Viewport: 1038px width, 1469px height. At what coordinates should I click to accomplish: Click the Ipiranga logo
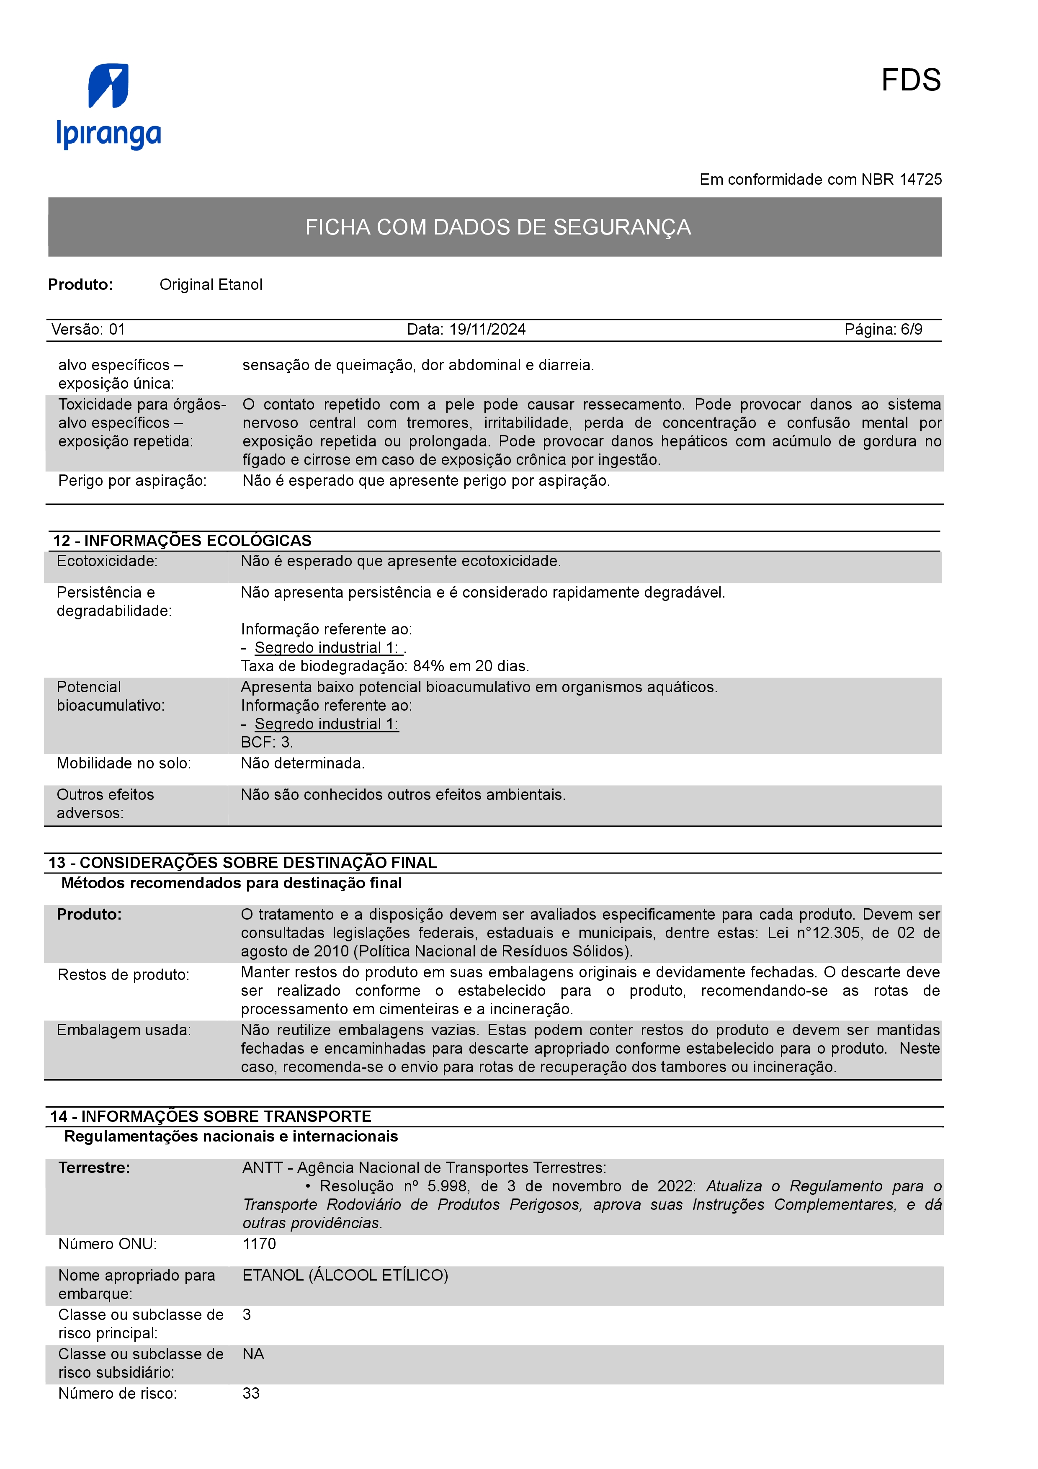pyautogui.click(x=109, y=106)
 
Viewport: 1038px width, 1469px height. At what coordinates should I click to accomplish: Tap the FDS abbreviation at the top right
pyautogui.click(x=910, y=81)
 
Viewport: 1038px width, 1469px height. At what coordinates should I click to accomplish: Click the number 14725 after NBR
pyautogui.click(x=920, y=180)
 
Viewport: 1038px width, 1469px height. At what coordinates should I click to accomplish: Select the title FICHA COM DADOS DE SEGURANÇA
pyautogui.click(x=497, y=227)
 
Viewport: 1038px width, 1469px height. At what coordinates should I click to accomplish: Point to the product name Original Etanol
pyautogui.click(x=211, y=285)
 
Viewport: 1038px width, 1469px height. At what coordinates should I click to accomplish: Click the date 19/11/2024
pyautogui.click(x=487, y=330)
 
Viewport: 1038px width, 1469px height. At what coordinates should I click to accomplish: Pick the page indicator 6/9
pyautogui.click(x=912, y=330)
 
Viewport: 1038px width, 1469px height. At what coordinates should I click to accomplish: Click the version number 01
pyautogui.click(x=116, y=330)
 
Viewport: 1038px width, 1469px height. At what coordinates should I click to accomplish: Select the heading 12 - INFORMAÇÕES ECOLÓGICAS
pyautogui.click(x=182, y=541)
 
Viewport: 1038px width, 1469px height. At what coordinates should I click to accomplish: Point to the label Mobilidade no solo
pyautogui.click(x=124, y=763)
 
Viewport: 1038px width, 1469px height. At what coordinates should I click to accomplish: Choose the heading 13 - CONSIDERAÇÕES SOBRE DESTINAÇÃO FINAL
pyautogui.click(x=242, y=863)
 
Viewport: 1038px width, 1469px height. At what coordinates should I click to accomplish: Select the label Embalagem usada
pyautogui.click(x=124, y=1030)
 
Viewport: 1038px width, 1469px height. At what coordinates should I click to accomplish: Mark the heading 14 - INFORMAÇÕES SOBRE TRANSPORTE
pyautogui.click(x=211, y=1116)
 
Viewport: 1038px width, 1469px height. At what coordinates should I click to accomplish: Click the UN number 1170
pyautogui.click(x=259, y=1244)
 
